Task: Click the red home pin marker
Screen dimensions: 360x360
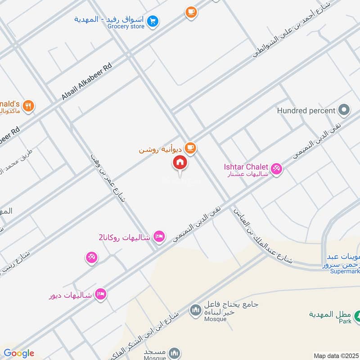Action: (180, 163)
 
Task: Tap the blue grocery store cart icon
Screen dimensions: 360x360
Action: (153, 21)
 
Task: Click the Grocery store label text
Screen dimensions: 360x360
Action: (126, 27)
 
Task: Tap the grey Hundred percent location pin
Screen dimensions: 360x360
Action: (344, 110)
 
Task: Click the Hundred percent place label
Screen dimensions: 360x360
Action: (306, 110)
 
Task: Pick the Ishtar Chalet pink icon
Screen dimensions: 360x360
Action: (276, 169)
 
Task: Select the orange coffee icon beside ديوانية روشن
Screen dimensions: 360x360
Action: (190, 148)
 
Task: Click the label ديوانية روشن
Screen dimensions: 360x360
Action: (161, 148)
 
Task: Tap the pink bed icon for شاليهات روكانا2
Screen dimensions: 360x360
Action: (159, 236)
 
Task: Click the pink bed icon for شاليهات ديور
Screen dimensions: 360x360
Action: (101, 294)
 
